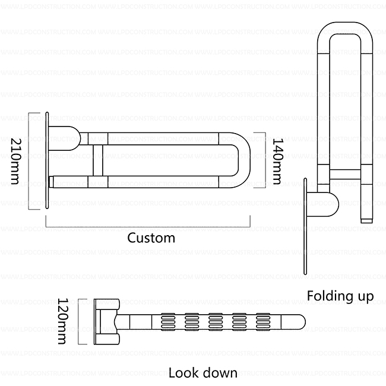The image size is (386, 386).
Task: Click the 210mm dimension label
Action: tap(17, 160)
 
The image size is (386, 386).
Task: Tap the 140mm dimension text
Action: tap(277, 160)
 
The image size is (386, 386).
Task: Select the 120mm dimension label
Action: tap(64, 321)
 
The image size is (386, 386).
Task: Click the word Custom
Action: tap(151, 238)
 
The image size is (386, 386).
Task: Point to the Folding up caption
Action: tap(340, 296)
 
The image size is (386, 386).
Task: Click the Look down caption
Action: tap(203, 373)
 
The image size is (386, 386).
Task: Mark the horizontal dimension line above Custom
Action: tap(148, 226)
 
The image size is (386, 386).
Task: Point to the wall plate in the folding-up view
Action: tap(306, 226)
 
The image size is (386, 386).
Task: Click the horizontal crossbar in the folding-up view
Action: tap(345, 174)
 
